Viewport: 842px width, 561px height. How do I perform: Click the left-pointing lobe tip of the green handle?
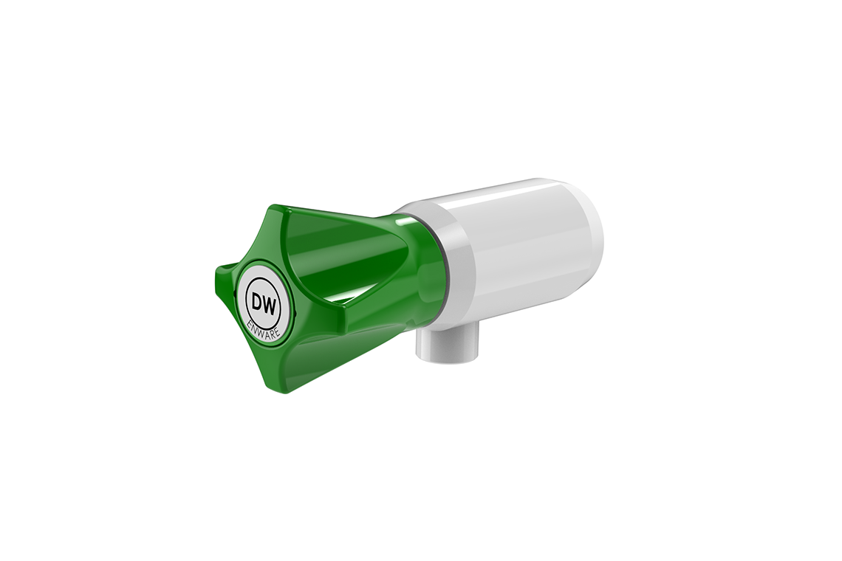click(210, 272)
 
